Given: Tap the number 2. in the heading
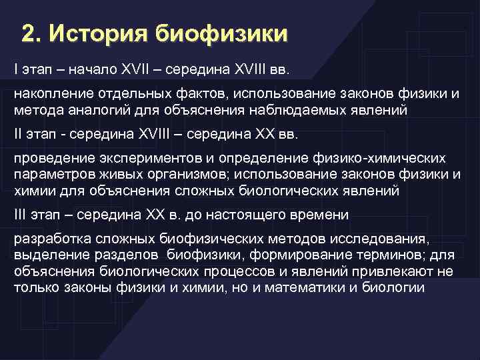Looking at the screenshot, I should (31, 33).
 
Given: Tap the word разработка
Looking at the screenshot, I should (47, 239).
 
